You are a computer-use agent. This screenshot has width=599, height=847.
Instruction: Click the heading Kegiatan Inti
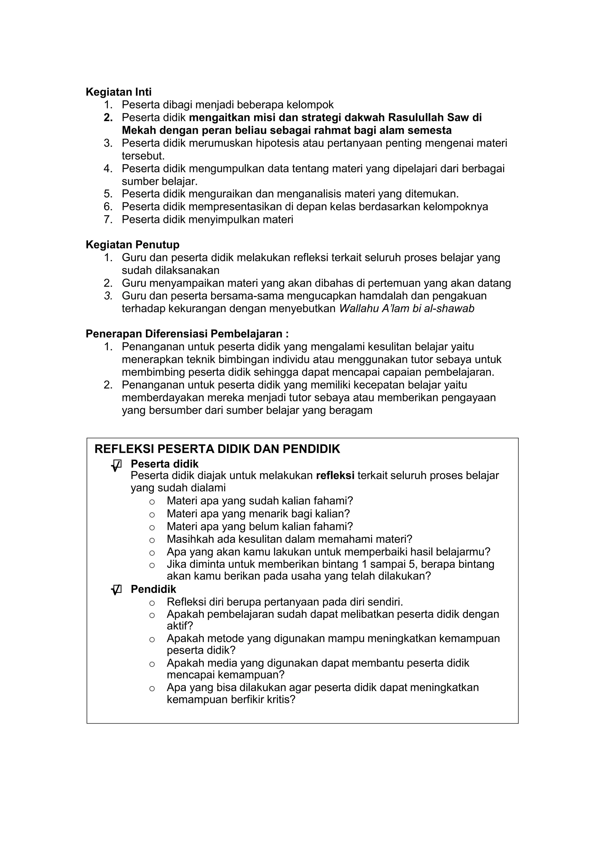tap(118, 92)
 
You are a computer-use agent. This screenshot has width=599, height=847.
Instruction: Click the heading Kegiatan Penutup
tap(132, 245)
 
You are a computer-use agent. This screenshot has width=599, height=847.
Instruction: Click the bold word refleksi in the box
tap(335, 476)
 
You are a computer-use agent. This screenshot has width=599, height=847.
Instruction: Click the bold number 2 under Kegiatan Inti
tap(108, 118)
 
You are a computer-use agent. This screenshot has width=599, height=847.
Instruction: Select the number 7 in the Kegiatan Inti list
tap(108, 219)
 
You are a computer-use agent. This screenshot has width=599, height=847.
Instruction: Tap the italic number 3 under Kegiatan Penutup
tap(108, 296)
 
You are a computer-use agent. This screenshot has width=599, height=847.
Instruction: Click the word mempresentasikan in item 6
tap(236, 206)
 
